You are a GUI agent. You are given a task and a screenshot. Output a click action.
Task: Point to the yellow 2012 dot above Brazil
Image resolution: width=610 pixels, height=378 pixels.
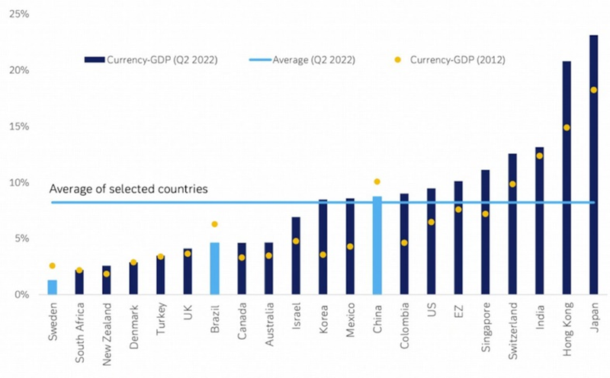coord(215,224)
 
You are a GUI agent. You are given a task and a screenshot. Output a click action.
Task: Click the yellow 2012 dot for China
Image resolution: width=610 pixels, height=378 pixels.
coord(377,181)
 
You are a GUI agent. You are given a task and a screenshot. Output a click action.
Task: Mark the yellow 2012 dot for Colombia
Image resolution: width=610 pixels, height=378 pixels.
coord(404,243)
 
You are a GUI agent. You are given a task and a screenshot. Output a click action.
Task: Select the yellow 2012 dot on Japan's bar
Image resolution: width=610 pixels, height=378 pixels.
coord(594,90)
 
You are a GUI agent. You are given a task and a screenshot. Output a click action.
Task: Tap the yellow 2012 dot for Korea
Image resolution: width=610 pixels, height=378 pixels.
coord(323,255)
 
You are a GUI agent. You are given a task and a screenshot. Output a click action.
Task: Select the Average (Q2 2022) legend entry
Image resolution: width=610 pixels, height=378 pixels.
coord(313,59)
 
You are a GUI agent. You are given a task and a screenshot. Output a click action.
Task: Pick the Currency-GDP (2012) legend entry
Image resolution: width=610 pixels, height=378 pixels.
coord(454,59)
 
